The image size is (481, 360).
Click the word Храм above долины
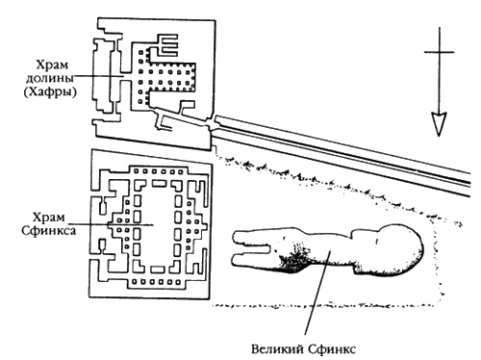(x=52, y=64)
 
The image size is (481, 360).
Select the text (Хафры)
(x=50, y=92)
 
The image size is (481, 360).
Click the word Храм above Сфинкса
(x=49, y=218)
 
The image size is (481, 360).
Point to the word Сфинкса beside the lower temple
(x=49, y=230)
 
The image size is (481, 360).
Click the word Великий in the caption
(x=277, y=348)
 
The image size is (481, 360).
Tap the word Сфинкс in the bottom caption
(x=332, y=348)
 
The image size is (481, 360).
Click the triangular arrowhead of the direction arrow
(x=439, y=124)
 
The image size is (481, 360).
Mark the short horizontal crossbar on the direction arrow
(x=439, y=52)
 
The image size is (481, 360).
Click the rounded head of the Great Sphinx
(x=401, y=248)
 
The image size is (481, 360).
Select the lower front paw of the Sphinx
(x=253, y=259)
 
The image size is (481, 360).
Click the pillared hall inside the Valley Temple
(x=167, y=77)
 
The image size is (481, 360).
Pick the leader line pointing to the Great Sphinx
(x=316, y=293)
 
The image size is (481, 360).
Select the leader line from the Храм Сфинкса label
(x=111, y=224)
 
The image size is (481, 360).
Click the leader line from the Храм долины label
(x=98, y=76)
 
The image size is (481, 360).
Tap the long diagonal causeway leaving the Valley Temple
(x=340, y=152)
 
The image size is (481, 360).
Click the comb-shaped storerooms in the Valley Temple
(x=166, y=46)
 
